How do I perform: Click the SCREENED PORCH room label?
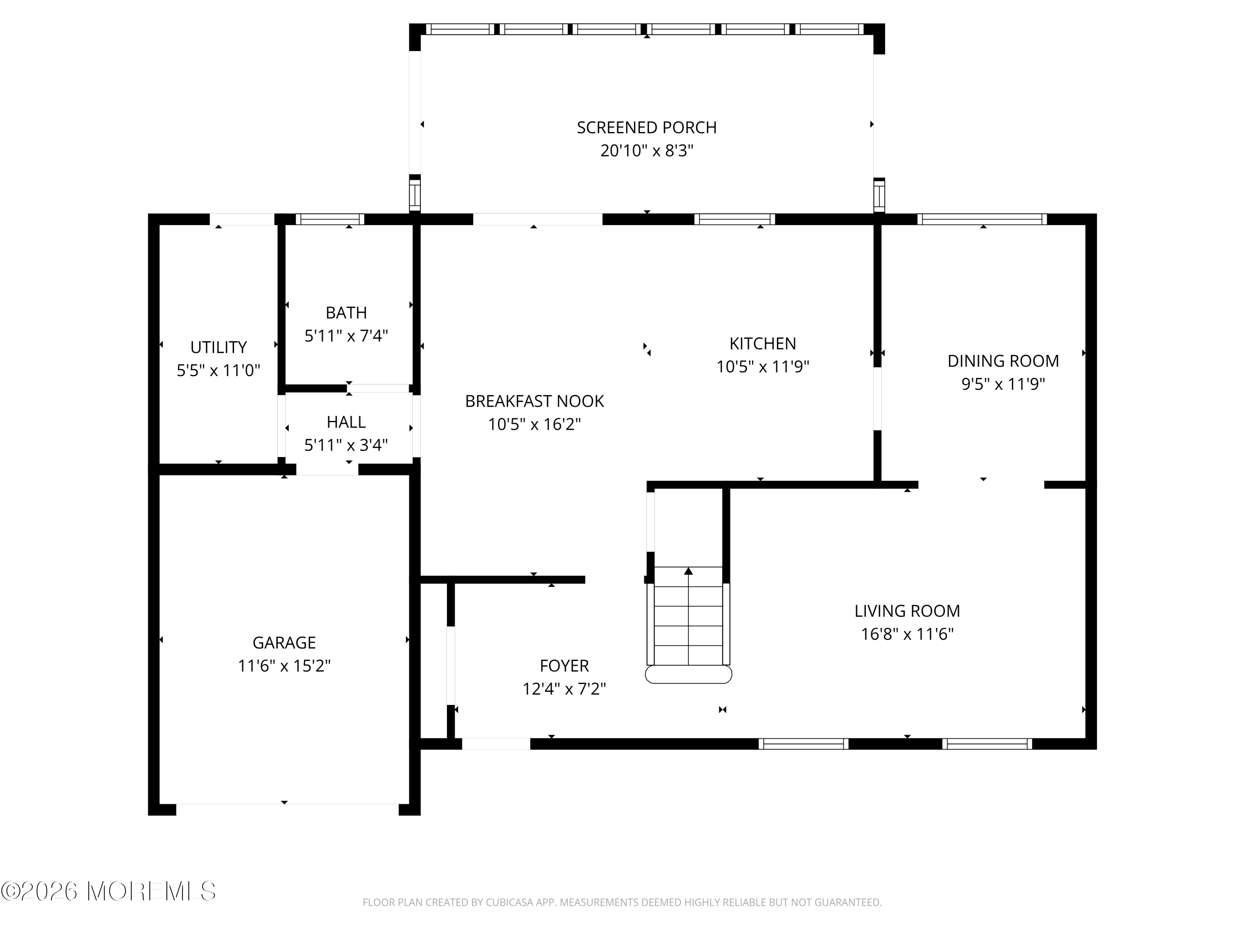click(646, 128)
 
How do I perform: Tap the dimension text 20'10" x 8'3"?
click(646, 151)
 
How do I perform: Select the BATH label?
click(346, 313)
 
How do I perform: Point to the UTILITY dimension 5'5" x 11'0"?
click(218, 370)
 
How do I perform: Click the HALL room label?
click(346, 422)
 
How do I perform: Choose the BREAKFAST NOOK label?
click(534, 401)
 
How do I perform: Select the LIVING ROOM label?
click(907, 611)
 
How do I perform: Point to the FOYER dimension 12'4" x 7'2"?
click(564, 689)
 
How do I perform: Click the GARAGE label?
click(284, 642)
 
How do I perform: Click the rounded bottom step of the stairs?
click(688, 675)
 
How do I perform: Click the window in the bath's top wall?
click(330, 219)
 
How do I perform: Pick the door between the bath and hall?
click(378, 389)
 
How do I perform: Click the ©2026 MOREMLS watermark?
click(108, 891)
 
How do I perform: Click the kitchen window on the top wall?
click(734, 219)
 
